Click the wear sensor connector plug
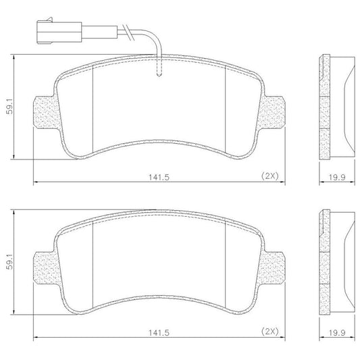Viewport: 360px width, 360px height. click(59, 32)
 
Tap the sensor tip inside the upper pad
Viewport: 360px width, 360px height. click(159, 74)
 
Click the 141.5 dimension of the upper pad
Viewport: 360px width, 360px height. click(159, 177)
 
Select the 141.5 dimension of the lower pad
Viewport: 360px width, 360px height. click(159, 332)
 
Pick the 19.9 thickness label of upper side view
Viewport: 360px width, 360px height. click(337, 177)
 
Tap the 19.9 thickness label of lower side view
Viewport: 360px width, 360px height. click(337, 332)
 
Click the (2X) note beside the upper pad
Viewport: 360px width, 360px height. click(269, 176)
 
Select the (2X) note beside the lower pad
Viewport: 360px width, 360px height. click(269, 332)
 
